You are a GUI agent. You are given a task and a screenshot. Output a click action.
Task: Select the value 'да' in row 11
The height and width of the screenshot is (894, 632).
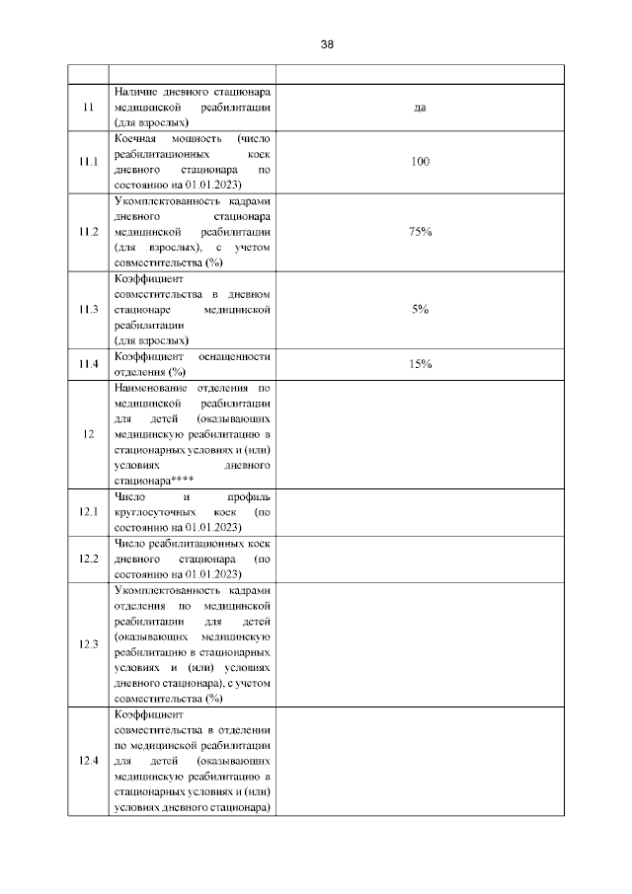coord(420,108)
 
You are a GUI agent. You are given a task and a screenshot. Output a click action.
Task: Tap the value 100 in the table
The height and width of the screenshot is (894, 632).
coord(420,161)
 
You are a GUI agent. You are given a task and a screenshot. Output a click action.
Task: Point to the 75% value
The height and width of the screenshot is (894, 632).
coord(420,231)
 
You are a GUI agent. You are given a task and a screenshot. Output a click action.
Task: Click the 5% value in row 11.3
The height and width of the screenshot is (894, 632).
coord(420,309)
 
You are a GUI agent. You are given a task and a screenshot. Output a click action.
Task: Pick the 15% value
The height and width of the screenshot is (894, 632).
coord(420,364)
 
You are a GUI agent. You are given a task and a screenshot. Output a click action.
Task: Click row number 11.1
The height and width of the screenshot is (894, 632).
coord(89,161)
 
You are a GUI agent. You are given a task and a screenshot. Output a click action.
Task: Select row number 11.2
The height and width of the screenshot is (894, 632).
coord(89,231)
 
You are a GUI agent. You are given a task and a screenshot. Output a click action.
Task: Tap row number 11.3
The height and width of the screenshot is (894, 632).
coord(89,309)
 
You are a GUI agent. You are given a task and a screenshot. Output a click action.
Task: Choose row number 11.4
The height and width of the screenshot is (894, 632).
coord(89,364)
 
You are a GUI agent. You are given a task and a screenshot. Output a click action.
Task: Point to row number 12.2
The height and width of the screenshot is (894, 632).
coord(89,559)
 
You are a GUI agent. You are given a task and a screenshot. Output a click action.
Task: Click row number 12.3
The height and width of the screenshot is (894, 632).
coord(89,644)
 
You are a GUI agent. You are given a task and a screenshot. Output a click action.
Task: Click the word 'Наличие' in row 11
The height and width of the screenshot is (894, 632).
coord(137,92)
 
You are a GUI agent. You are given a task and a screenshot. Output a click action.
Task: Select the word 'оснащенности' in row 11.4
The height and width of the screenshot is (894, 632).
coord(235,356)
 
